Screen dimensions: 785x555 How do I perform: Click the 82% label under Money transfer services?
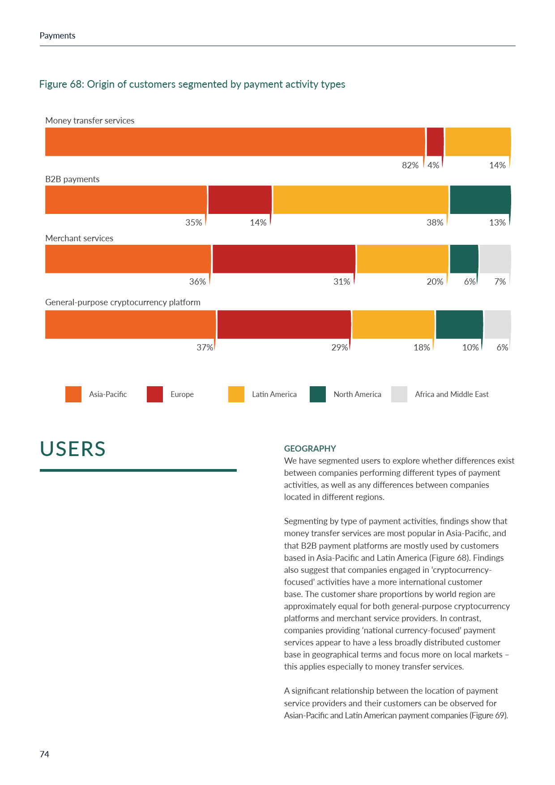pyautogui.click(x=410, y=165)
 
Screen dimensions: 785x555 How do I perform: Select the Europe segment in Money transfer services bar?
pyautogui.click(x=435, y=142)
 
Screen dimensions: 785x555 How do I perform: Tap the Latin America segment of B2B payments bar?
pyautogui.click(x=360, y=200)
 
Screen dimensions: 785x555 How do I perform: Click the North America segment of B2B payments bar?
pyautogui.click(x=480, y=200)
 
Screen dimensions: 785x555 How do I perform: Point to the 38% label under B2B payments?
pyautogui.click(x=435, y=222)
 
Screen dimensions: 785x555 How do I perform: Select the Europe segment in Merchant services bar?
pyautogui.click(x=284, y=259)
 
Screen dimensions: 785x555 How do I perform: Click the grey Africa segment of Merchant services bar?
pyautogui.click(x=495, y=259)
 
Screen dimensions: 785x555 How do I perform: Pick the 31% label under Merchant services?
pyautogui.click(x=342, y=282)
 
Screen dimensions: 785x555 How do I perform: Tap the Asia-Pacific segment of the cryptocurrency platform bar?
pyautogui.click(x=130, y=324)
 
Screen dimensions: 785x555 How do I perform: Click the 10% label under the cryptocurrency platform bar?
pyautogui.click(x=470, y=347)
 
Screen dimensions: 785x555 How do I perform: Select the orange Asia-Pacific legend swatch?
pyautogui.click(x=73, y=394)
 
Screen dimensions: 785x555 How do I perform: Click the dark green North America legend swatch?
pyautogui.click(x=318, y=394)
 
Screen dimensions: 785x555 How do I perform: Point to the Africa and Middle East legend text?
pyautogui.click(x=452, y=394)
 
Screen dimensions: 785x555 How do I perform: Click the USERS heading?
pyautogui.click(x=73, y=449)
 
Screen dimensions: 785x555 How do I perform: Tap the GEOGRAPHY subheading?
pyautogui.click(x=310, y=448)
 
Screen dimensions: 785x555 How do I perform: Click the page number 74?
pyautogui.click(x=44, y=754)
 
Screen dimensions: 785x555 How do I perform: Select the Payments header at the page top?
pyautogui.click(x=57, y=36)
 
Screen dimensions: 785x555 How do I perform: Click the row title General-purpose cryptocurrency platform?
pyautogui.click(x=123, y=302)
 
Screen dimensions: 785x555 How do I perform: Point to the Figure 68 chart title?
pyautogui.click(x=192, y=84)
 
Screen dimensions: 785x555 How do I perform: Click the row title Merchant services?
pyautogui.click(x=79, y=238)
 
